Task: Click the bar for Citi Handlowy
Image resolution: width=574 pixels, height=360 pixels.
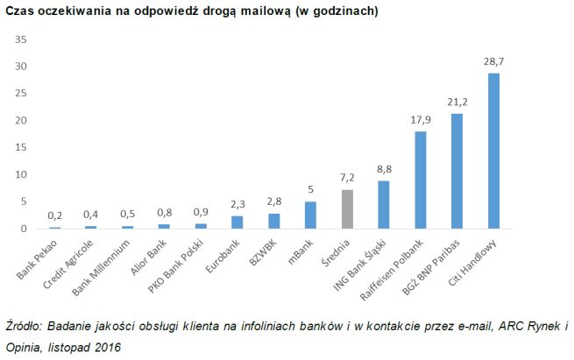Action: click(x=493, y=151)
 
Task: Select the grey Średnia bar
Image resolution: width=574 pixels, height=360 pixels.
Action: click(x=348, y=209)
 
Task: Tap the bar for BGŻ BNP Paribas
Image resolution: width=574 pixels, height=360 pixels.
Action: click(x=457, y=171)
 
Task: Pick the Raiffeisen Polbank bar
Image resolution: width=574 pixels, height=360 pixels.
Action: click(x=420, y=180)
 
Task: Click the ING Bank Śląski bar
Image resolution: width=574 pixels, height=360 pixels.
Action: click(x=384, y=204)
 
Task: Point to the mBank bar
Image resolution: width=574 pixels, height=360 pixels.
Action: click(x=310, y=215)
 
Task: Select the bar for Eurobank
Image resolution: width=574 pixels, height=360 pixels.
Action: click(x=237, y=222)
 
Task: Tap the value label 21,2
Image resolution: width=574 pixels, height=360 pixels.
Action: click(x=457, y=103)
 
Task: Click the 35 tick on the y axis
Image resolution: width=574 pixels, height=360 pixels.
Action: click(x=22, y=39)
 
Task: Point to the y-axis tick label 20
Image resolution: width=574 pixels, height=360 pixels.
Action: click(x=22, y=120)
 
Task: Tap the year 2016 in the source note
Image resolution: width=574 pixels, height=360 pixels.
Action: click(x=107, y=347)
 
